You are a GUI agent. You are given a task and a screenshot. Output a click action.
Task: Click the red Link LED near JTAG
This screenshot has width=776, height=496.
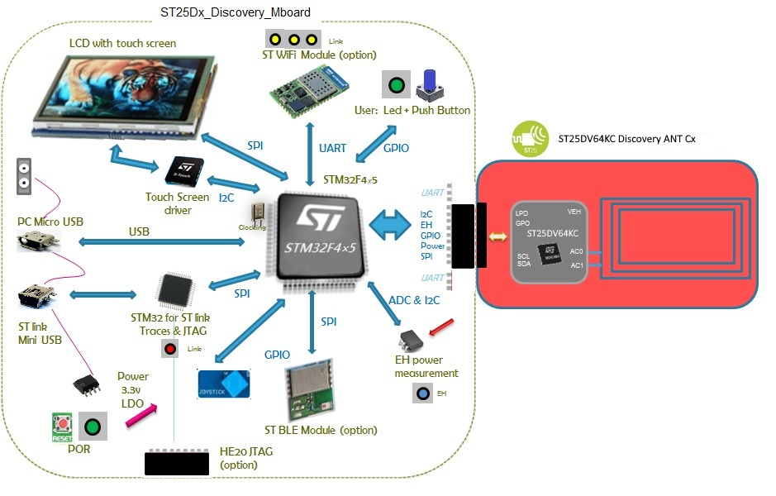(x=170, y=350)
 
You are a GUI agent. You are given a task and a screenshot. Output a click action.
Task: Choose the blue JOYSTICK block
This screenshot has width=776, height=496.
(x=225, y=384)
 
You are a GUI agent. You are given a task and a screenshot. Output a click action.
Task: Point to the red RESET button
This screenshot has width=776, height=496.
(x=61, y=427)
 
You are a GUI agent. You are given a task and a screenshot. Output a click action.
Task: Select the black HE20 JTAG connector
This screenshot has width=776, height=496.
(x=177, y=463)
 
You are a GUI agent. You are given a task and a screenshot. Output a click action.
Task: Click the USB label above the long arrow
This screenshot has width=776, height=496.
(x=140, y=232)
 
